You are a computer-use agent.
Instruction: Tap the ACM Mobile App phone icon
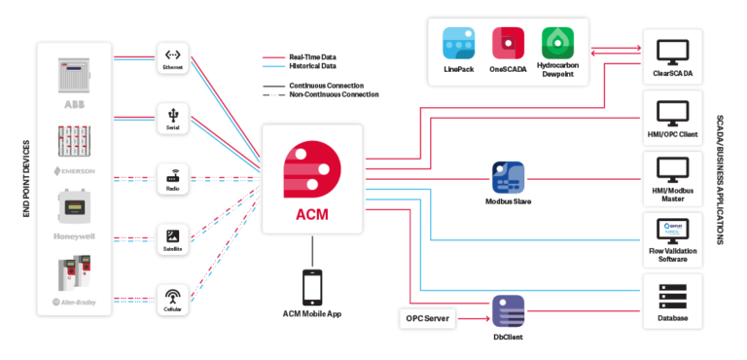[x=312, y=287]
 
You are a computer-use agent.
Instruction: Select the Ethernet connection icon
[x=172, y=56]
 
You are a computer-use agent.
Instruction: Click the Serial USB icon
[x=172, y=116]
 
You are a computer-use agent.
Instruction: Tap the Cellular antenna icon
[x=172, y=295]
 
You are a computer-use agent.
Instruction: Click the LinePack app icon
[x=458, y=44]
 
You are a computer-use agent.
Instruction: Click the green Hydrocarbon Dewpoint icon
[x=558, y=44]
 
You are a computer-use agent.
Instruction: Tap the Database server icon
[x=672, y=292]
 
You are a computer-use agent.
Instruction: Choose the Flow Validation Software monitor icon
[x=672, y=231]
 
